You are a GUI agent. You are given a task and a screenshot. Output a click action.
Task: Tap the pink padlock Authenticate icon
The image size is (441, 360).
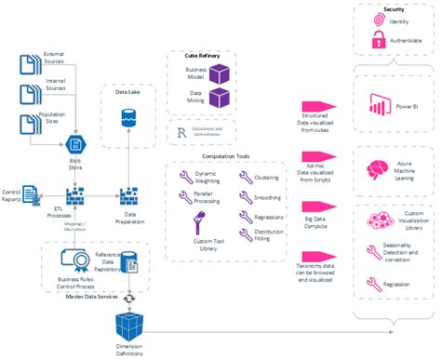379,40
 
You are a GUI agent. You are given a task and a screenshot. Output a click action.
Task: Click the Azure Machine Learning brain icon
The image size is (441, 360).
379,170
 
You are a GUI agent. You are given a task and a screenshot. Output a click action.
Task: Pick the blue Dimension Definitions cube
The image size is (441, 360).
129,327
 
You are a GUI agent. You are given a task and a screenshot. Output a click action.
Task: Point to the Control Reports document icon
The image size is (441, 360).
32,193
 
